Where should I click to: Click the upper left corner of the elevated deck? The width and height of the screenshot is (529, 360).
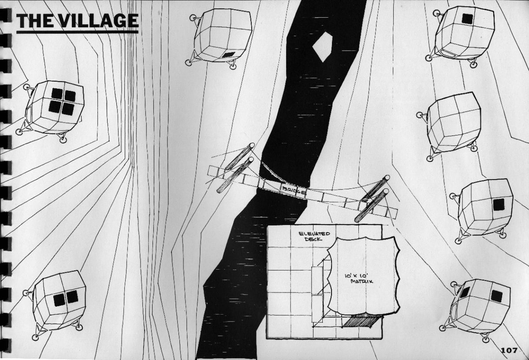(x=267, y=225)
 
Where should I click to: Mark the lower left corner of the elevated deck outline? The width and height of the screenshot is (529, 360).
(x=267, y=338)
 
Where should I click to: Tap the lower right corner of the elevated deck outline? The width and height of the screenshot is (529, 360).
(x=381, y=338)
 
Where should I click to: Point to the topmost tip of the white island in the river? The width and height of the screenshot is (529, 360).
(x=326, y=32)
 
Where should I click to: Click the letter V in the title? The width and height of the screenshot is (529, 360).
(x=64, y=21)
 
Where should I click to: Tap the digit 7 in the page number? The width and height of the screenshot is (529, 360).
(x=514, y=350)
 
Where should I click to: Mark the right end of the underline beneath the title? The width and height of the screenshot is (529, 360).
(x=138, y=32)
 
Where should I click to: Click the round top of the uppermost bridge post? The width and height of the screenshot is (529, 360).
(x=252, y=145)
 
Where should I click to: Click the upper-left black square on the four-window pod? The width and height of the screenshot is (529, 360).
(x=57, y=94)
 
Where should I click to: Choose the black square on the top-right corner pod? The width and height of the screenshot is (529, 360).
(x=467, y=19)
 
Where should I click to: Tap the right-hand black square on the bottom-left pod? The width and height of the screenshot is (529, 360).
(x=72, y=297)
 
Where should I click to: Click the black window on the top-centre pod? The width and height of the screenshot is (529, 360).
(x=229, y=55)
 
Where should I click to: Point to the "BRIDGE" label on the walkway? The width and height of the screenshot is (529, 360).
(x=294, y=190)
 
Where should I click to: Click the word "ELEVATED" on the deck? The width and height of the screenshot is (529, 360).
(x=314, y=234)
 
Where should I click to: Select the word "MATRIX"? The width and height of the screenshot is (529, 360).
(x=362, y=281)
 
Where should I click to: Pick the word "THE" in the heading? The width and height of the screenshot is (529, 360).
(x=35, y=21)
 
